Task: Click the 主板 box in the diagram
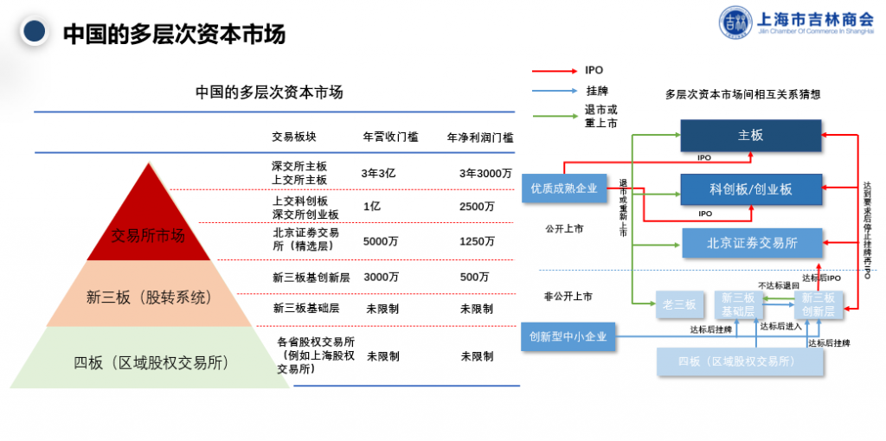tap(749, 136)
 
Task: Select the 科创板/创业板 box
tap(749, 189)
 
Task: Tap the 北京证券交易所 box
tap(749, 243)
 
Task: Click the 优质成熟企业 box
tap(564, 189)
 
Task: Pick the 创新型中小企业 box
tap(568, 336)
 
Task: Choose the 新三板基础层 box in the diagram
tap(738, 304)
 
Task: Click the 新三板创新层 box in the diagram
tap(818, 304)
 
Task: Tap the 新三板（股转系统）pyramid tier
tap(148, 297)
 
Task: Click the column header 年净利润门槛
tap(480, 137)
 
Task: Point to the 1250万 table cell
tap(478, 241)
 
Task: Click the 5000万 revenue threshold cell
tap(381, 241)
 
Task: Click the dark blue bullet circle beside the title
tap(34, 33)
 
